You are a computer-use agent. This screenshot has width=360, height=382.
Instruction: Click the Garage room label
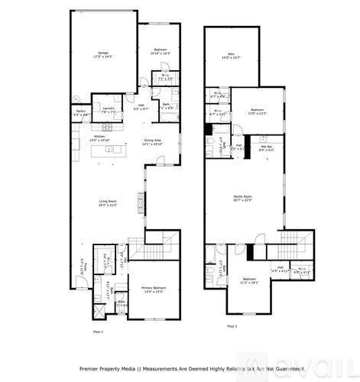click(102, 55)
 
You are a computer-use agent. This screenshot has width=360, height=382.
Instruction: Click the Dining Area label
click(152, 142)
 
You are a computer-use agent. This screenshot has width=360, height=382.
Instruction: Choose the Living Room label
click(108, 202)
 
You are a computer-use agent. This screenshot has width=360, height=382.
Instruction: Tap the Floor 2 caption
click(232, 326)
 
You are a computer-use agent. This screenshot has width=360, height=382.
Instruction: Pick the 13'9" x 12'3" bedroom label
click(257, 110)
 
